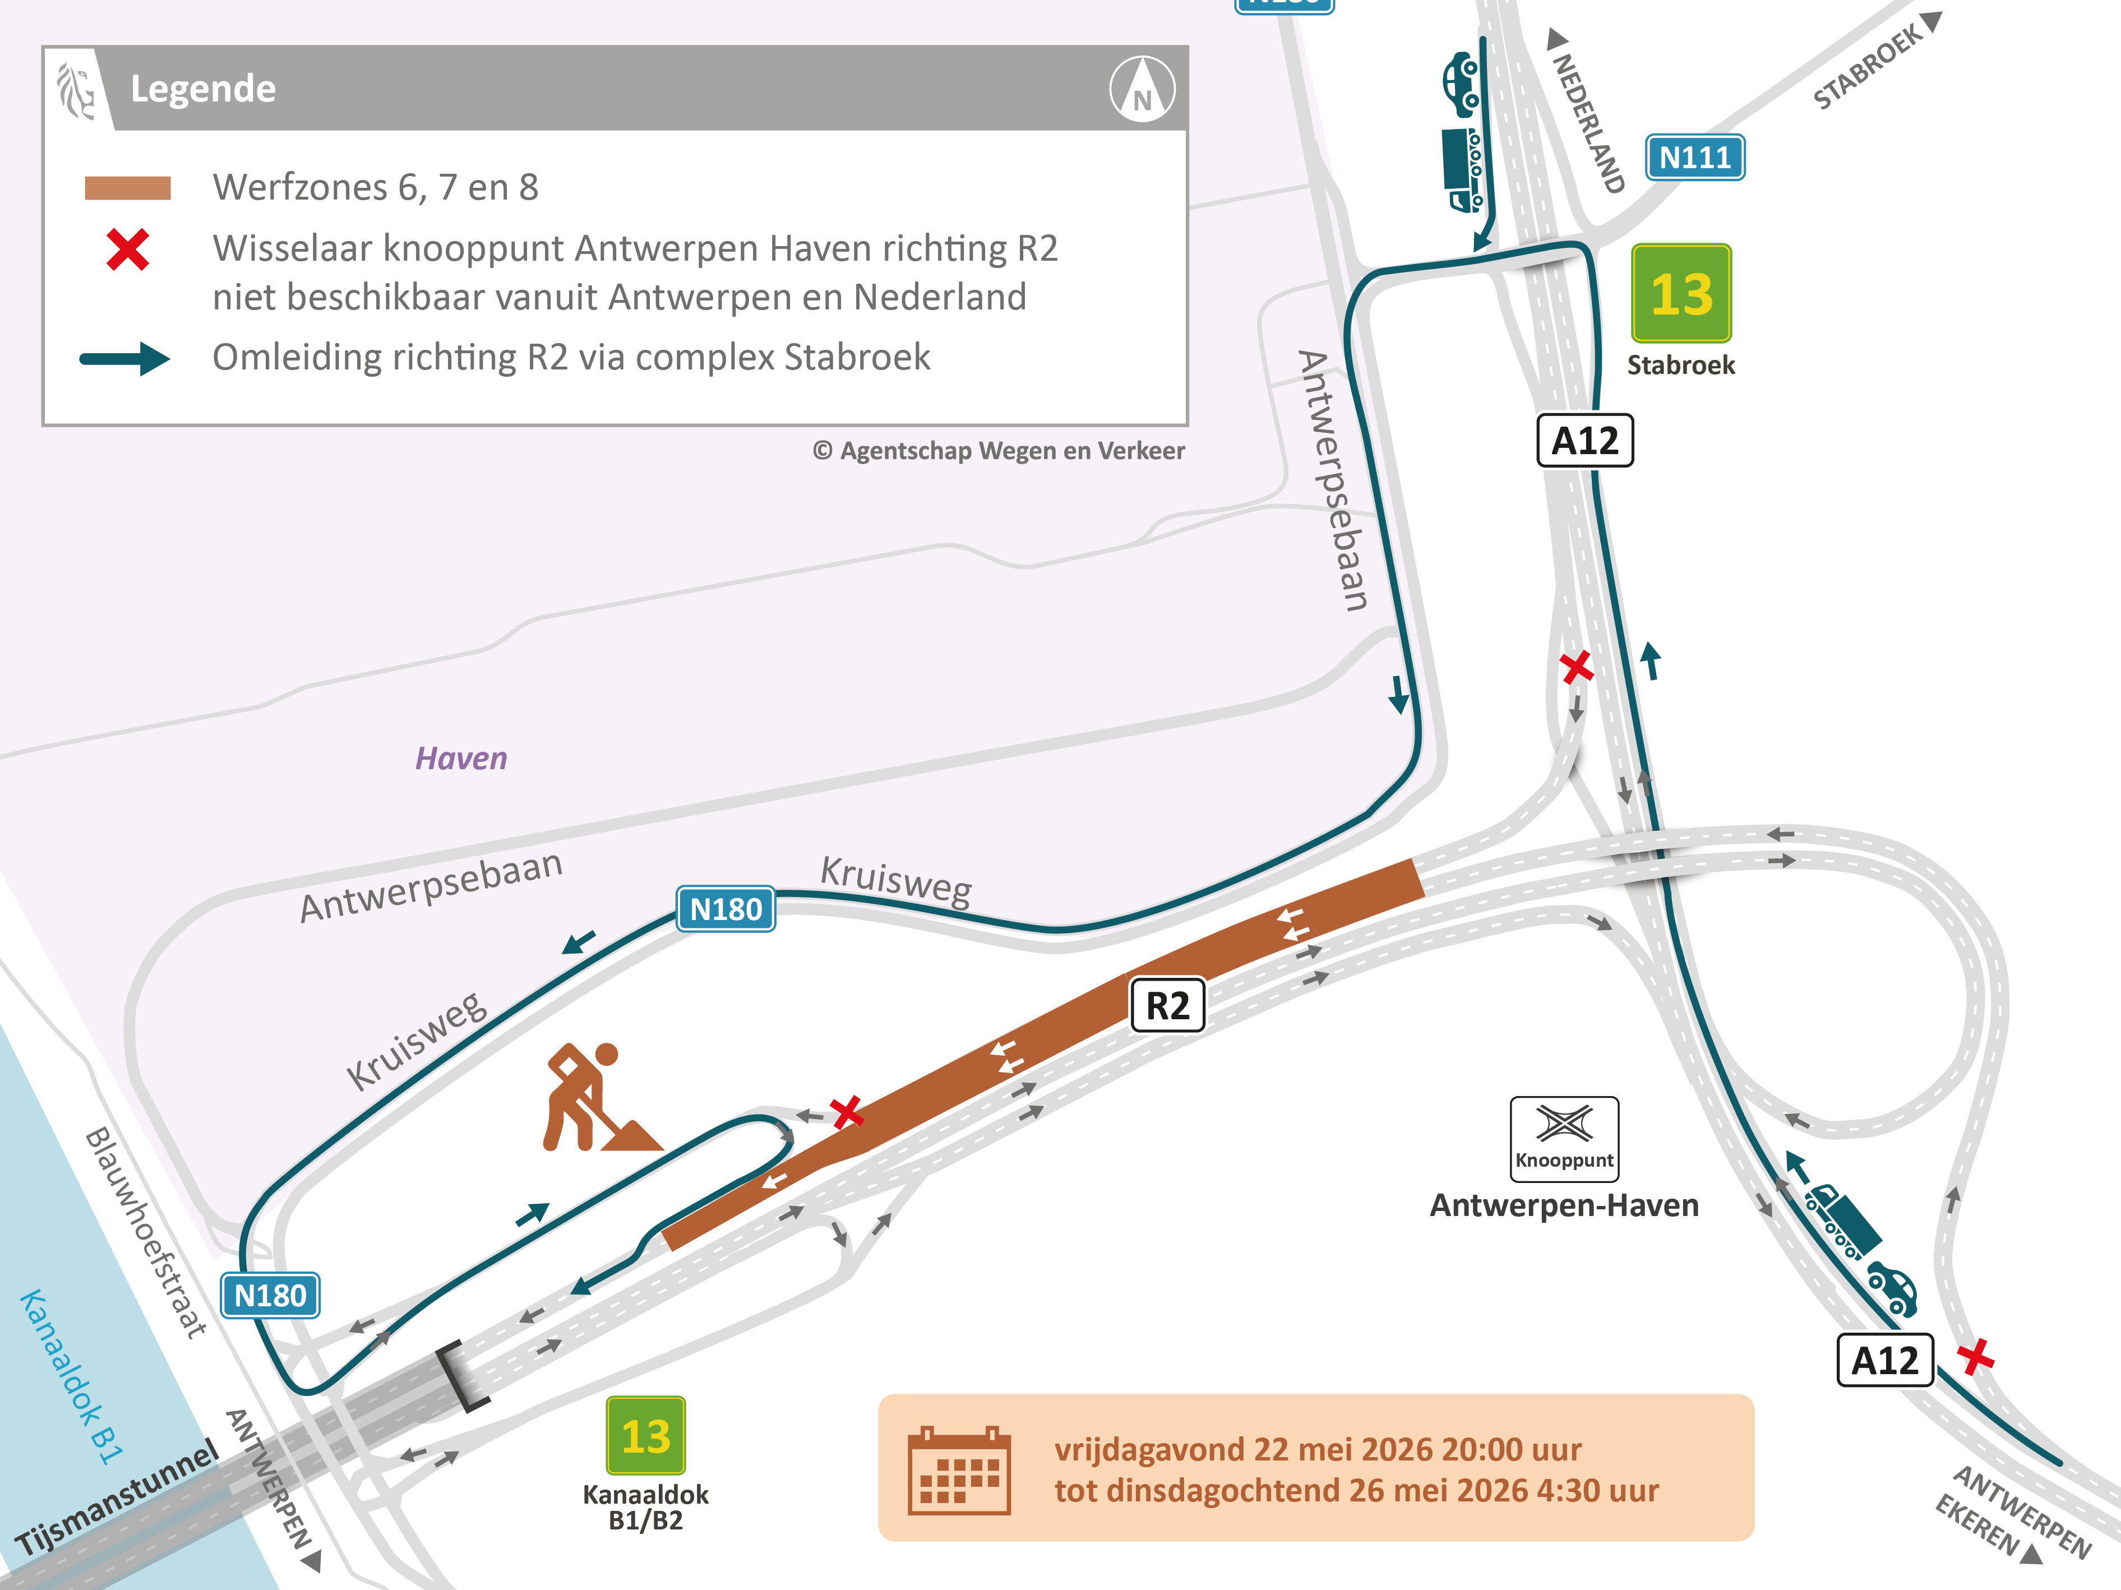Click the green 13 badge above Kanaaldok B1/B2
[645, 1436]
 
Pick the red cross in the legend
[127, 250]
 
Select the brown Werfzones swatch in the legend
[127, 188]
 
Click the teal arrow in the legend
[124, 359]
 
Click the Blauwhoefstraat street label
[146, 1232]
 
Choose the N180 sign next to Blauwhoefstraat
[270, 1296]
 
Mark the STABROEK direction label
[1868, 65]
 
